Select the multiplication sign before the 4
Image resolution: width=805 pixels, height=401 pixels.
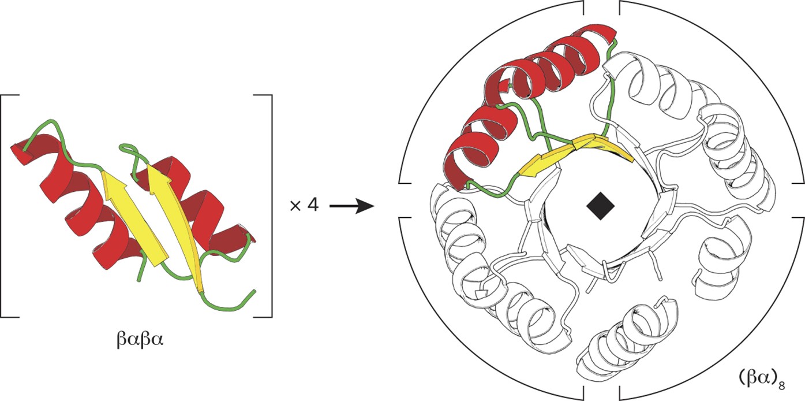click(295, 206)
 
